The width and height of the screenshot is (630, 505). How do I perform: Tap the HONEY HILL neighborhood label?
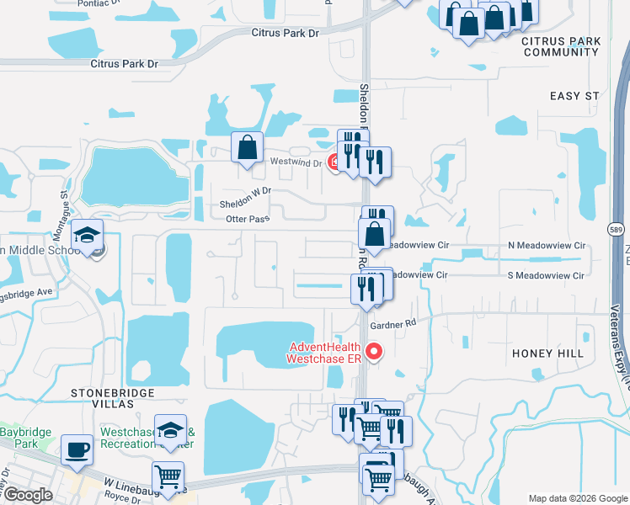click(x=547, y=353)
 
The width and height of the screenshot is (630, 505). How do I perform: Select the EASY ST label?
click(x=576, y=96)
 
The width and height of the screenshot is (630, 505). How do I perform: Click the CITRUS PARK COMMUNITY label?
click(x=560, y=46)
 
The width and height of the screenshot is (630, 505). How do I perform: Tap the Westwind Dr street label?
click(x=296, y=162)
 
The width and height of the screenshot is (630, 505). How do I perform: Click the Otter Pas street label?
click(x=247, y=219)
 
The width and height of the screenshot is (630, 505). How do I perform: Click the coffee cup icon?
click(x=77, y=449)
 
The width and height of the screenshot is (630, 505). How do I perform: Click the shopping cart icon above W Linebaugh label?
click(x=168, y=477)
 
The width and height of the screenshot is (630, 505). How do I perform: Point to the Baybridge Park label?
click(x=26, y=439)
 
